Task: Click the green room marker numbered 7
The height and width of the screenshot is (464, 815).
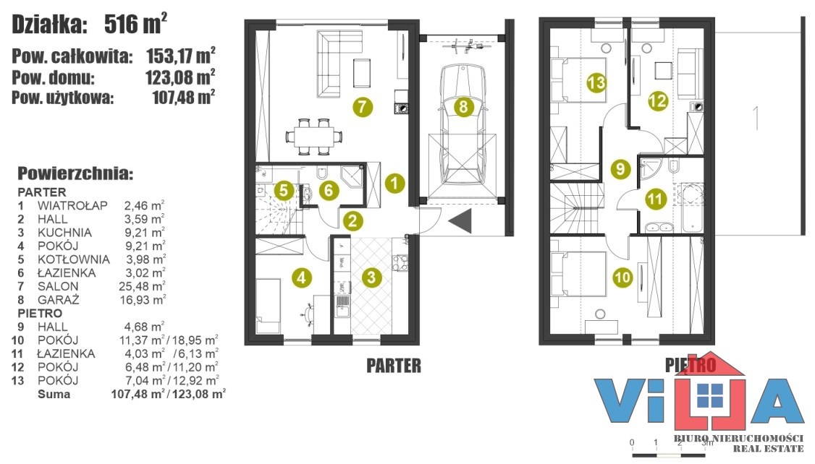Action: click(x=363, y=107)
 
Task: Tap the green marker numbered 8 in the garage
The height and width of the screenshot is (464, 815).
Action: click(x=463, y=107)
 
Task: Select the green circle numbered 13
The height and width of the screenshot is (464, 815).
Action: click(x=596, y=82)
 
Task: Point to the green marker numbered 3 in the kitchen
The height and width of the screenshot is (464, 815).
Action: click(x=371, y=277)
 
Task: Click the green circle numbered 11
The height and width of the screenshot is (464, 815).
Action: click(x=655, y=199)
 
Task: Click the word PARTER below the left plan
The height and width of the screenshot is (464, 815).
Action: click(x=394, y=366)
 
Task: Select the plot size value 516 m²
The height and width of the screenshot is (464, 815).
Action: click(x=135, y=24)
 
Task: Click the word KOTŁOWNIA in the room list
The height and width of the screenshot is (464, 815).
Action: click(x=73, y=259)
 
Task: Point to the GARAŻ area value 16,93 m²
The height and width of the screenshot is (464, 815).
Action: click(x=142, y=299)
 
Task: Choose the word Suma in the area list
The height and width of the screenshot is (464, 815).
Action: click(x=54, y=394)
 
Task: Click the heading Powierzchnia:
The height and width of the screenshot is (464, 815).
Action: click(x=75, y=173)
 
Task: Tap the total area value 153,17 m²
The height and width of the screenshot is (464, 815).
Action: click(x=180, y=55)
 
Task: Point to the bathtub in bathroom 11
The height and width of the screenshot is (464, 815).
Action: click(x=692, y=207)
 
